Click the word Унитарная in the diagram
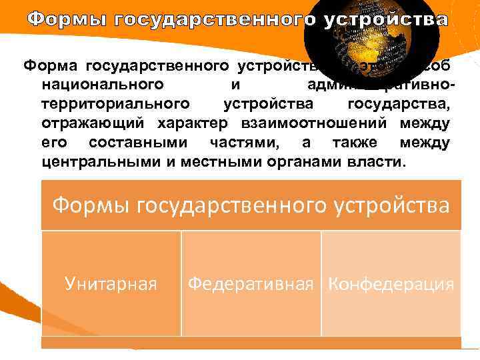pos(111,285)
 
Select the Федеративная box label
pos(250,285)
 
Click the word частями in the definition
pos(249,143)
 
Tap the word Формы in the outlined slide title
pos(69,19)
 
